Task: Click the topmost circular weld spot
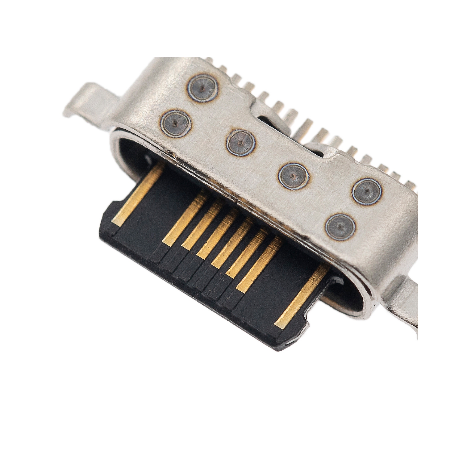tap(202, 87)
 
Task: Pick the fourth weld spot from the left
tap(294, 176)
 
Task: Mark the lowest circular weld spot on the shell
tap(341, 227)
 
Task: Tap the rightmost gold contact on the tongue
tap(301, 297)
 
